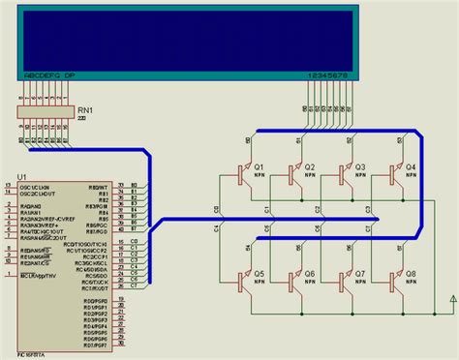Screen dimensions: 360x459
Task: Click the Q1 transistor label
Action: (x=259, y=166)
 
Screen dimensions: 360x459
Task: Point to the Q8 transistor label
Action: (x=411, y=274)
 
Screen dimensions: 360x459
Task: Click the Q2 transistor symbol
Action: (x=292, y=174)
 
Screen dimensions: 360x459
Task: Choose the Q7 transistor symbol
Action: (x=344, y=282)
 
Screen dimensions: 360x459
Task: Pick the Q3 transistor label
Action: (x=360, y=166)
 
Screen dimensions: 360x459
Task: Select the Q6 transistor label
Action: (x=310, y=274)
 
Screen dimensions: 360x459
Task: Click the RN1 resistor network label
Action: (x=86, y=111)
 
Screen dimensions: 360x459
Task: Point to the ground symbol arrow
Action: (x=442, y=300)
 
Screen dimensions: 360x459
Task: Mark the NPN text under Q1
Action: (x=260, y=177)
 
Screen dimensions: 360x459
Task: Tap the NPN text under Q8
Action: (x=411, y=284)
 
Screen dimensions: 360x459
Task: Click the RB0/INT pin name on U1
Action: (x=97, y=185)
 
